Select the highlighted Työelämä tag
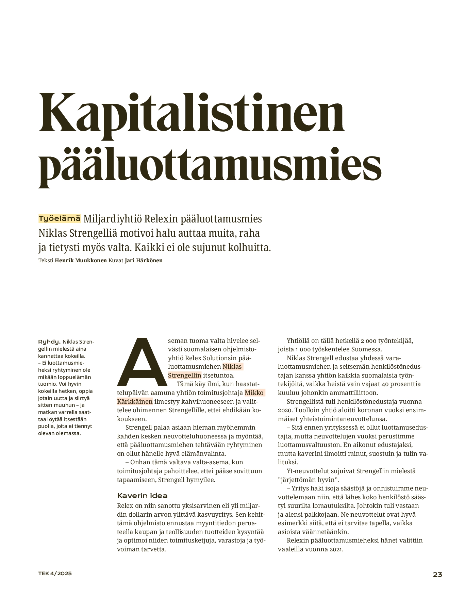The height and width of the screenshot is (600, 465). pos(60,219)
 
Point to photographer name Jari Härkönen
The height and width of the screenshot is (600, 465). pos(144,261)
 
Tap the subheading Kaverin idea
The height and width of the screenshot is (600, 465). pos(142,496)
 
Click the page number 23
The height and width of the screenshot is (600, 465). pos(437,575)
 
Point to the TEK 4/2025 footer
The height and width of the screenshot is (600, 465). pos(55,573)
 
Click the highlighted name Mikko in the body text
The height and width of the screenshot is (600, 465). pos(254,393)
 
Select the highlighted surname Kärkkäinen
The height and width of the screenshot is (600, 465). pos(135,401)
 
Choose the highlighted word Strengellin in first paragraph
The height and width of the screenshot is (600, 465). pos(185,376)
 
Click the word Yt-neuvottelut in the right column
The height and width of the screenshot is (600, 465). pos(309,471)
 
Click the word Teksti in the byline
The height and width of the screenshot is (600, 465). pos(46,261)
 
